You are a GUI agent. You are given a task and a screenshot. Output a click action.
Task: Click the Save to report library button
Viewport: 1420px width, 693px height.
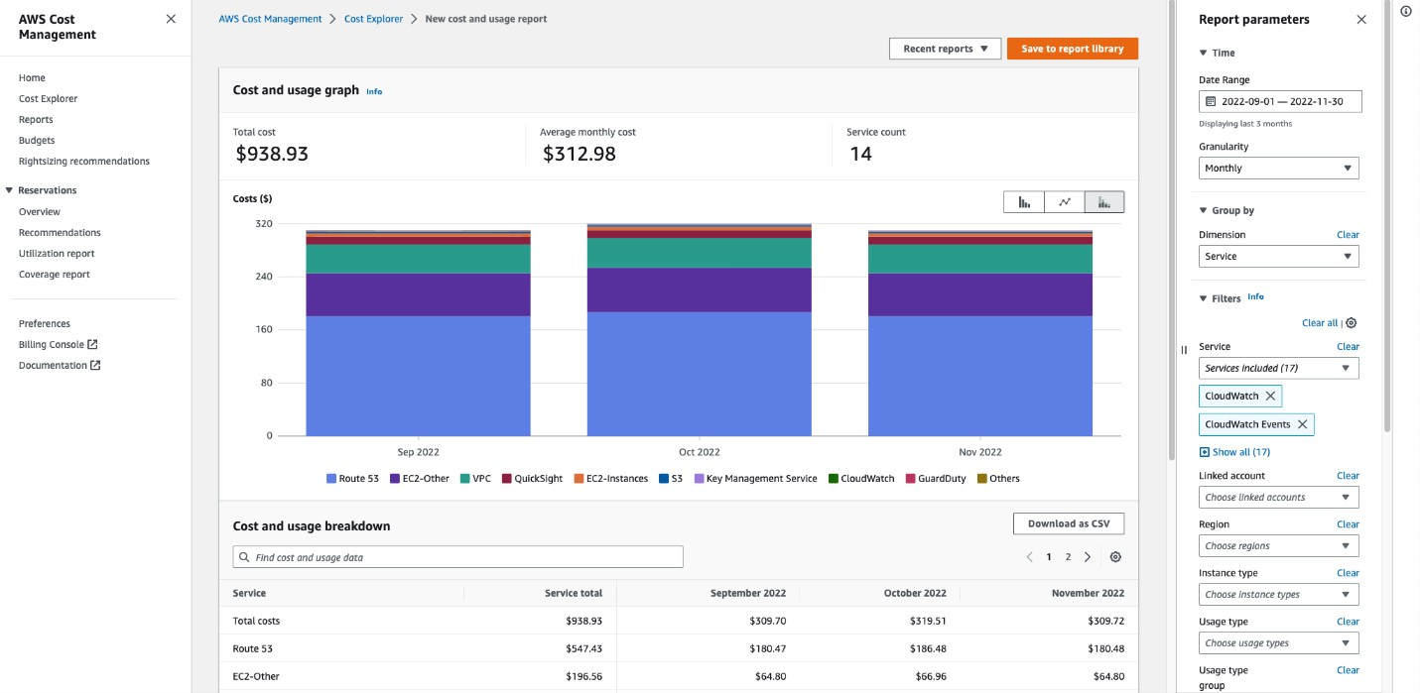pyautogui.click(x=1072, y=49)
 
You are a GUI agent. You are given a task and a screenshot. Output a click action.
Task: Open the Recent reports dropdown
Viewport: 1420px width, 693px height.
pyautogui.click(x=945, y=49)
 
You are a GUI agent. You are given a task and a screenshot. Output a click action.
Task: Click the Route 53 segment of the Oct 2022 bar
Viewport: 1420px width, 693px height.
pyautogui.click(x=699, y=374)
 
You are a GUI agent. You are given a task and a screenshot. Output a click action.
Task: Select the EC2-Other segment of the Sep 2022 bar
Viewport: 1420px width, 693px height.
pyautogui.click(x=418, y=294)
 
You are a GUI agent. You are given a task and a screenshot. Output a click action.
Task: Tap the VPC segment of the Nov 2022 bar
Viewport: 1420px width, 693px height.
pyautogui.click(x=979, y=259)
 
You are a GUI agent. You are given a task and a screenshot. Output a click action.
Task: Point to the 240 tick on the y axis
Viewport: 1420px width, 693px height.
pyautogui.click(x=262, y=277)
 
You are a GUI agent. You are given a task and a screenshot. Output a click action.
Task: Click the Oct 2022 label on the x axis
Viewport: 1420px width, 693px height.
pyautogui.click(x=699, y=452)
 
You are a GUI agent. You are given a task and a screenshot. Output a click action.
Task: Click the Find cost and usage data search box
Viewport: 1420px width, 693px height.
pyautogui.click(x=457, y=557)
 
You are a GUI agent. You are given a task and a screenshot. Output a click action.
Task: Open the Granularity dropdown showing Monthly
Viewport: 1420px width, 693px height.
pyautogui.click(x=1278, y=169)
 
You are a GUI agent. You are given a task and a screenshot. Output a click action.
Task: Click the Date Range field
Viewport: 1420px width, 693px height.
pyautogui.click(x=1279, y=101)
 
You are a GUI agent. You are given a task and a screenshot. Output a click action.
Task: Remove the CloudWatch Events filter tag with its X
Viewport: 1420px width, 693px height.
pyautogui.click(x=1302, y=424)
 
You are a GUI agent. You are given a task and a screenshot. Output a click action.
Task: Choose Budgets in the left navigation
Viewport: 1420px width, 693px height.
pyautogui.click(x=37, y=141)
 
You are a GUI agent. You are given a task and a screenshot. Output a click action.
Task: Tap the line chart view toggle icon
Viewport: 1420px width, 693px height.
pyautogui.click(x=1064, y=202)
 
